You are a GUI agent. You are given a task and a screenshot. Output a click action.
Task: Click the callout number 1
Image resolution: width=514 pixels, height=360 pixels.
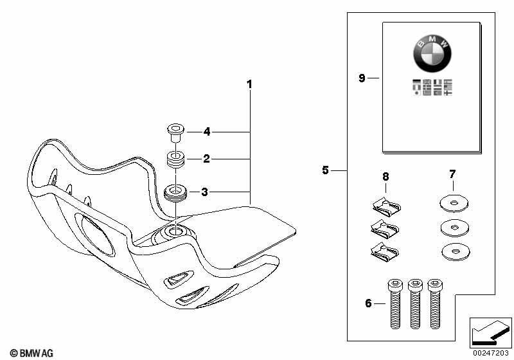(x=249, y=84)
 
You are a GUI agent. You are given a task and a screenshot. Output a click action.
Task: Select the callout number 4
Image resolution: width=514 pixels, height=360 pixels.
(x=207, y=132)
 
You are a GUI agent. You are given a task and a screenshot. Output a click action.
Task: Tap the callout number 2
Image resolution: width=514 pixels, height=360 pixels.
(x=206, y=159)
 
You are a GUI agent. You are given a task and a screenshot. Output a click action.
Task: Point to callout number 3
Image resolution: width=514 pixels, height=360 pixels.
(x=204, y=192)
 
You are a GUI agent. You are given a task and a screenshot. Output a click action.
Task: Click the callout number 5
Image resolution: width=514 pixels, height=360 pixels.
(x=325, y=170)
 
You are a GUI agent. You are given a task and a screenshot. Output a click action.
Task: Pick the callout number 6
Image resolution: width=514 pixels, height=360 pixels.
(x=368, y=303)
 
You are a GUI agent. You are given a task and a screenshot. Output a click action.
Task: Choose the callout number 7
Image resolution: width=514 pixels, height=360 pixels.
(x=452, y=174)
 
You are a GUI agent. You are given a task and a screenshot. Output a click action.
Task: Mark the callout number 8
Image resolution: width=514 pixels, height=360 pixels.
(x=386, y=177)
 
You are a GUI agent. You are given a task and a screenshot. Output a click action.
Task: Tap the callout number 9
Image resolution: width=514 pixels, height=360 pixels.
(x=362, y=78)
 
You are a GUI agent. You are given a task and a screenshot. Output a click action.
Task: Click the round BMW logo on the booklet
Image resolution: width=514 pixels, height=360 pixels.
(x=432, y=53)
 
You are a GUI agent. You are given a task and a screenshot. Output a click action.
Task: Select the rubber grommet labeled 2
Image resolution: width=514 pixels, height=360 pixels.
(x=175, y=159)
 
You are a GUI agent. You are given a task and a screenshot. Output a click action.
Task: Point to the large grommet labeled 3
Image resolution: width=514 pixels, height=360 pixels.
(x=175, y=194)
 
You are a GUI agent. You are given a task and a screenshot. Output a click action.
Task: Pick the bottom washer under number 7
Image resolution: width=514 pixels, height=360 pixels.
(x=456, y=252)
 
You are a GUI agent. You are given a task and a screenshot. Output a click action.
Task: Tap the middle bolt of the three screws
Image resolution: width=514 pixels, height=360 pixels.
(x=415, y=303)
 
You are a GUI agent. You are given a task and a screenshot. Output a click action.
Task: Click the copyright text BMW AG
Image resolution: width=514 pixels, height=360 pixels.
(x=31, y=353)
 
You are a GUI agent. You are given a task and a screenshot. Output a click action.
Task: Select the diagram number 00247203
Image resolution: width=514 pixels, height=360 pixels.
(x=490, y=353)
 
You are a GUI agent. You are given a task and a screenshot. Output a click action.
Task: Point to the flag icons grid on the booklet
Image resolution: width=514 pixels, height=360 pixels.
(x=432, y=87)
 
